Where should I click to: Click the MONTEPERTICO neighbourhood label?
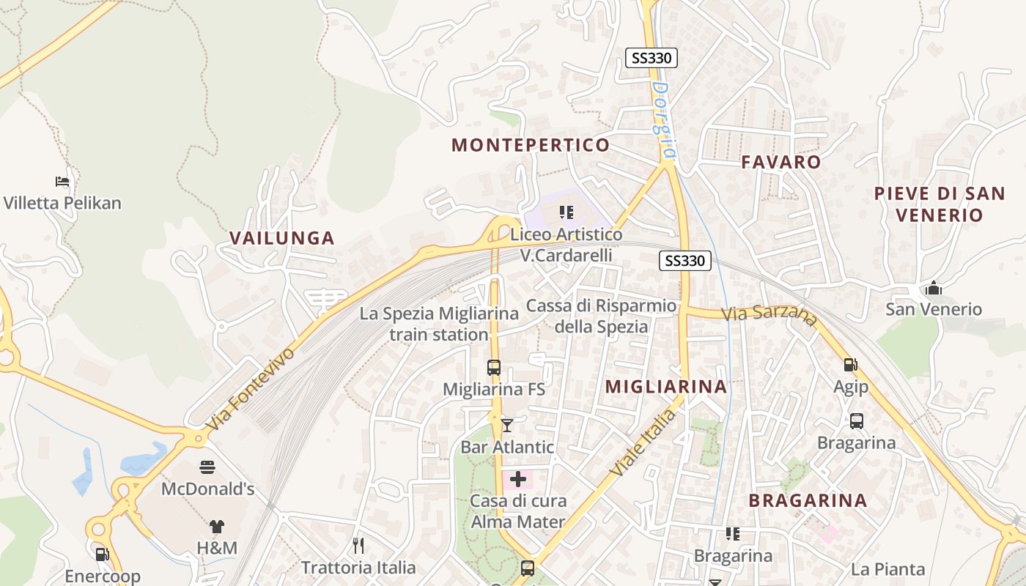point(531,145)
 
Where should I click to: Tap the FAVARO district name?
point(780,162)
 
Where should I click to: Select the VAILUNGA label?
point(282,238)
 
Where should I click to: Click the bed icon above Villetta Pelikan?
point(62,181)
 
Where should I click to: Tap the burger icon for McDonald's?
point(207,467)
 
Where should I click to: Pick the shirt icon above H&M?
point(217,526)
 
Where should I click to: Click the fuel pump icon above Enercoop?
point(102,555)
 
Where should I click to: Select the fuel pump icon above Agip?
point(850,364)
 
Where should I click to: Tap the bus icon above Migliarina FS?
point(494,368)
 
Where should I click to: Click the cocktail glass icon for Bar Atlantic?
point(507,425)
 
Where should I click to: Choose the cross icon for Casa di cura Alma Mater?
point(518,480)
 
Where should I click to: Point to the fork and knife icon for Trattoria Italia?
point(358,545)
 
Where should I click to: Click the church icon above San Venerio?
point(934,288)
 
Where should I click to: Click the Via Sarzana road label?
point(769,315)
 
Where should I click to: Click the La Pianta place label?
point(887,569)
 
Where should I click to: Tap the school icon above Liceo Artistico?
point(566,212)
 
